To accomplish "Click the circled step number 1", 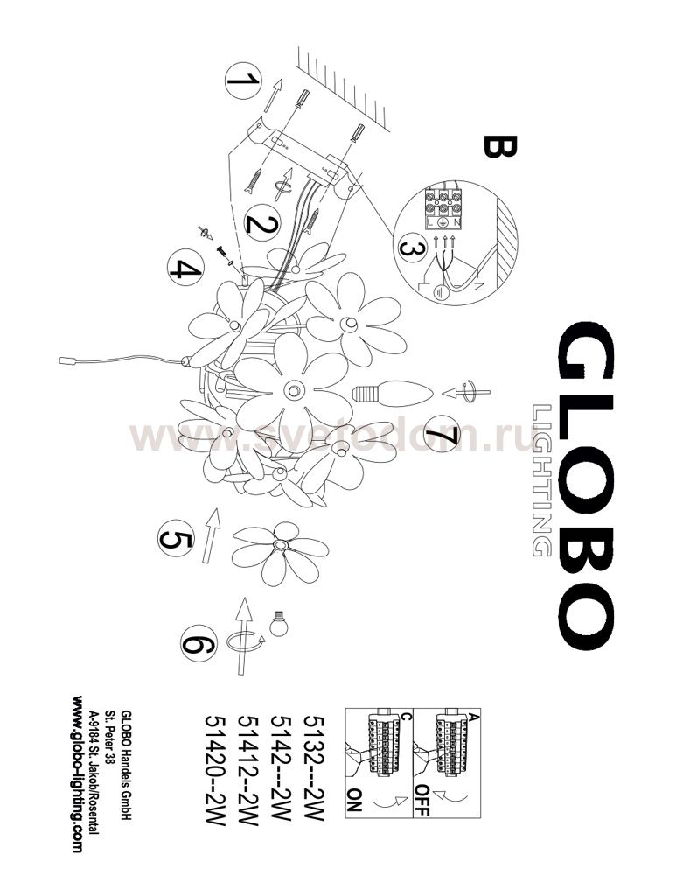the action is tap(242, 80).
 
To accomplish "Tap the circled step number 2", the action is tap(262, 222).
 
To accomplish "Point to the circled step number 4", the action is tap(185, 268).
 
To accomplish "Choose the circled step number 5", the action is tap(176, 538).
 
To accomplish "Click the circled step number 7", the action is tap(441, 434).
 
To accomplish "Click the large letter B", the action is tap(499, 147).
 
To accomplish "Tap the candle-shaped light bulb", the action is tap(393, 393).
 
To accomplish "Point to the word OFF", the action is tap(422, 800).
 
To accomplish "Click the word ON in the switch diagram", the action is tap(355, 800).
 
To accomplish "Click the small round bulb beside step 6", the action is tap(278, 625).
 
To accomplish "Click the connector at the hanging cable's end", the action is tap(67, 361).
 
